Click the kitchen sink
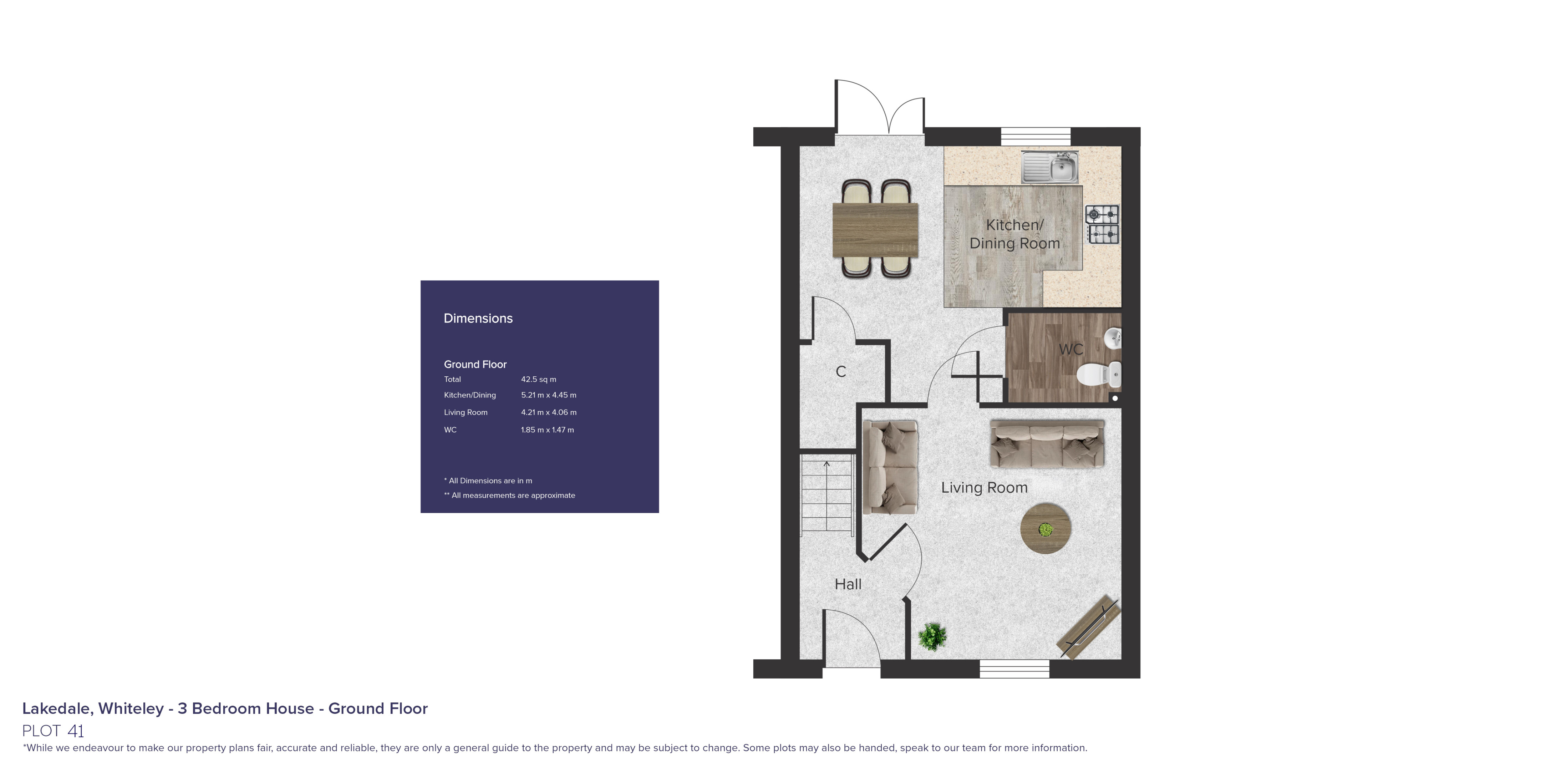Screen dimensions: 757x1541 pos(1050,167)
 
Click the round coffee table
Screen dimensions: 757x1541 pos(1045,528)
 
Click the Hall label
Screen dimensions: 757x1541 pos(848,584)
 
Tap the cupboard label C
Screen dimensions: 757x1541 pos(840,372)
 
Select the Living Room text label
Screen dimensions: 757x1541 pos(984,488)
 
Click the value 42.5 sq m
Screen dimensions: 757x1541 pos(538,380)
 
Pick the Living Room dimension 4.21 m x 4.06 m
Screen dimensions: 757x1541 pos(549,412)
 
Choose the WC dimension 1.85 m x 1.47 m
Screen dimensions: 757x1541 pos(547,430)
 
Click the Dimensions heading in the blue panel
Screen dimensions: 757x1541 pos(478,318)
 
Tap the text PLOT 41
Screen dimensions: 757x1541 pos(53,731)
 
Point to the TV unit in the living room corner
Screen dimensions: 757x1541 pos(1089,626)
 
